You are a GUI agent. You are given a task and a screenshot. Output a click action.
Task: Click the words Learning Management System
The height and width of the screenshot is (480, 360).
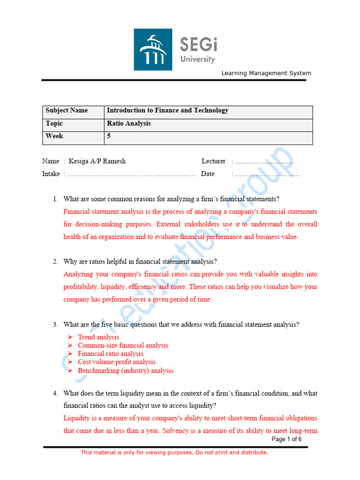(266, 73)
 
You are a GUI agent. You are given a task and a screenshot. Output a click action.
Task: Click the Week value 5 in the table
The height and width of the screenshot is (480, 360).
(109, 136)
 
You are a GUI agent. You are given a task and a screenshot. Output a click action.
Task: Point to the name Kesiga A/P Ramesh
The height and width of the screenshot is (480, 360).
(97, 161)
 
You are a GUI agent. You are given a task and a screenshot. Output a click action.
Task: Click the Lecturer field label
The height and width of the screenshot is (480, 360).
(213, 161)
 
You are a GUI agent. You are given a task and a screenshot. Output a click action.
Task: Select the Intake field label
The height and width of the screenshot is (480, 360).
(51, 174)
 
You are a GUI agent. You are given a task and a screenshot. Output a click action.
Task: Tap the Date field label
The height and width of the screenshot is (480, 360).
(208, 174)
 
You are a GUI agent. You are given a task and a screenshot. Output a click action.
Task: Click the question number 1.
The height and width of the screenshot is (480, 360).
(55, 199)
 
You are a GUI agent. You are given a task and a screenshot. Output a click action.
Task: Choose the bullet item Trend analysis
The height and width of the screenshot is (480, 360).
(98, 337)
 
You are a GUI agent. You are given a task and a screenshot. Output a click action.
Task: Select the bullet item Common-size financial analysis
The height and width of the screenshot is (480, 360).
(123, 345)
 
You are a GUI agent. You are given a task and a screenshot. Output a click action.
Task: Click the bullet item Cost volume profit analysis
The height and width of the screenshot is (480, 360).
(117, 362)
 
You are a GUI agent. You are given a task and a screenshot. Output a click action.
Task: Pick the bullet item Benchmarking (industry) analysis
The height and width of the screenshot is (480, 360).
(126, 371)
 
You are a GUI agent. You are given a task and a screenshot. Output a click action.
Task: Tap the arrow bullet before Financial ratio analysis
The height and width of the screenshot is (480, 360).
(70, 354)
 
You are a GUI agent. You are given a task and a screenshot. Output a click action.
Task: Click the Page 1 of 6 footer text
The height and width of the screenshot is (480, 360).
(286, 439)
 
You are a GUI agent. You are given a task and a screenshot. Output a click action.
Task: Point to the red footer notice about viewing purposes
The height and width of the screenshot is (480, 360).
(174, 452)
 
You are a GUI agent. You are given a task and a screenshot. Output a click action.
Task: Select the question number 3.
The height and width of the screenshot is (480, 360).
(55, 324)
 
